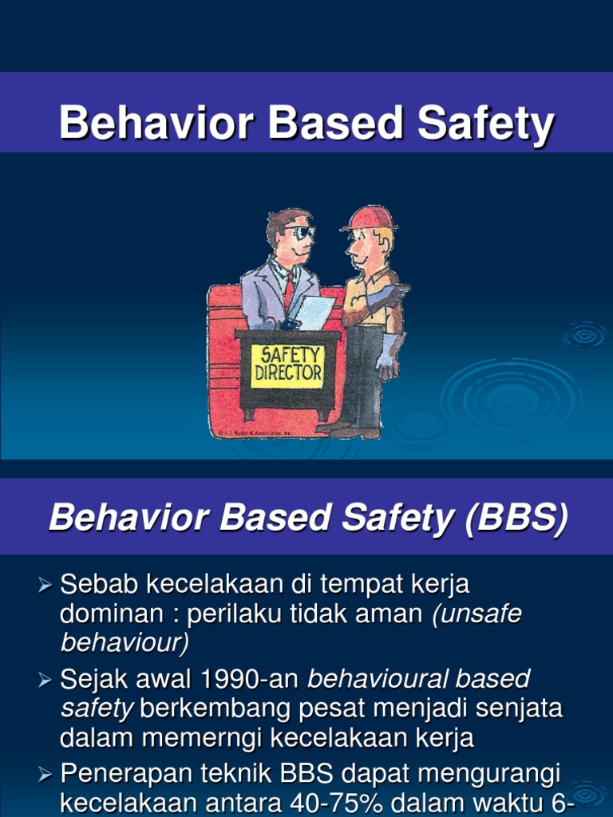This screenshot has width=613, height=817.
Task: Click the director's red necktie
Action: pyautogui.click(x=289, y=292)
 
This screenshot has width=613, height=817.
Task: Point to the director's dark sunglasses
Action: pyautogui.click(x=301, y=233)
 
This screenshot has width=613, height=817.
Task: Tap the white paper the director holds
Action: pyautogui.click(x=315, y=312)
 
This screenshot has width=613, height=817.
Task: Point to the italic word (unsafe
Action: pyautogui.click(x=477, y=614)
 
